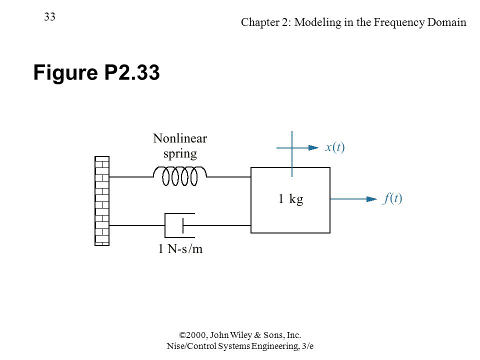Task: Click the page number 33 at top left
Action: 49,16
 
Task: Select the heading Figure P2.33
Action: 96,72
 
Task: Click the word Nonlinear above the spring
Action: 180,138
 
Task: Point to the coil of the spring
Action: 180,176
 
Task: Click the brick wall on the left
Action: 102,201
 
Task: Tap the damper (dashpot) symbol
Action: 180,225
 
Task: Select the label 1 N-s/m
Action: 180,248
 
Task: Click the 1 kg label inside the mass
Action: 290,198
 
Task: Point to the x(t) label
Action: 335,147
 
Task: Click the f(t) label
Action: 392,198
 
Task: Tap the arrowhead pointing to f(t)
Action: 371,199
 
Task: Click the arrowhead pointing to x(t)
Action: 313,148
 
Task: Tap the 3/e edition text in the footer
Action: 307,346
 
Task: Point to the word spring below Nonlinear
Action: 180,153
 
